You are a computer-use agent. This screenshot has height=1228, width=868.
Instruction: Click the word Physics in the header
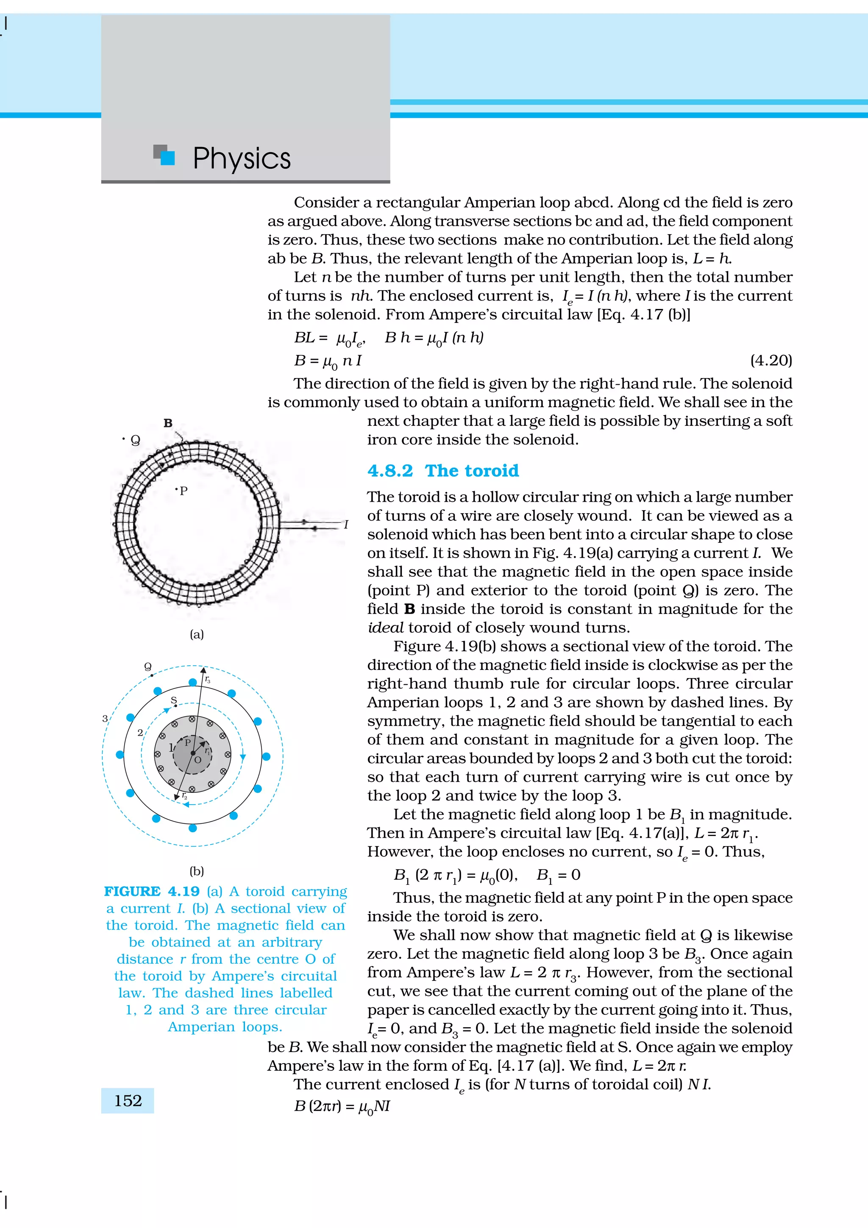click(241, 158)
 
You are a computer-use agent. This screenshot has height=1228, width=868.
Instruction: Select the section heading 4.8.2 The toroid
click(443, 471)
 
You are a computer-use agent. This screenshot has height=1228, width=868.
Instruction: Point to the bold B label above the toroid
click(168, 423)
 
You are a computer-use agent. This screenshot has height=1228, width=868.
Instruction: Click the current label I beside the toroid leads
click(346, 525)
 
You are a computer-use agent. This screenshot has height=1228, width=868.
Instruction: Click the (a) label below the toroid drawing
click(197, 634)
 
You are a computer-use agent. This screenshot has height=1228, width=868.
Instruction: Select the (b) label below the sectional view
click(197, 871)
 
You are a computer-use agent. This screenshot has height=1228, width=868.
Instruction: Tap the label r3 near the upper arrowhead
click(208, 680)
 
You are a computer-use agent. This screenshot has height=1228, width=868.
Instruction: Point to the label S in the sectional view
click(173, 700)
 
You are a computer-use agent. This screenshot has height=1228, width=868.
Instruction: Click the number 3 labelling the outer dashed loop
click(105, 718)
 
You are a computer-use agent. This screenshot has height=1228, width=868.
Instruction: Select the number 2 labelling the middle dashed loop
click(140, 733)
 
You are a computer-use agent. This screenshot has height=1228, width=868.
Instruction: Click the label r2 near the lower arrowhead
click(184, 796)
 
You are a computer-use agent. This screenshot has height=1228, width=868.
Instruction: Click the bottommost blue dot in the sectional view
click(192, 828)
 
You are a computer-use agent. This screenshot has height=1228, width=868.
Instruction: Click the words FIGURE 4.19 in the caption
click(152, 892)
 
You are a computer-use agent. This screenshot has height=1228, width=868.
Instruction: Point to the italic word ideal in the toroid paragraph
click(385, 628)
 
